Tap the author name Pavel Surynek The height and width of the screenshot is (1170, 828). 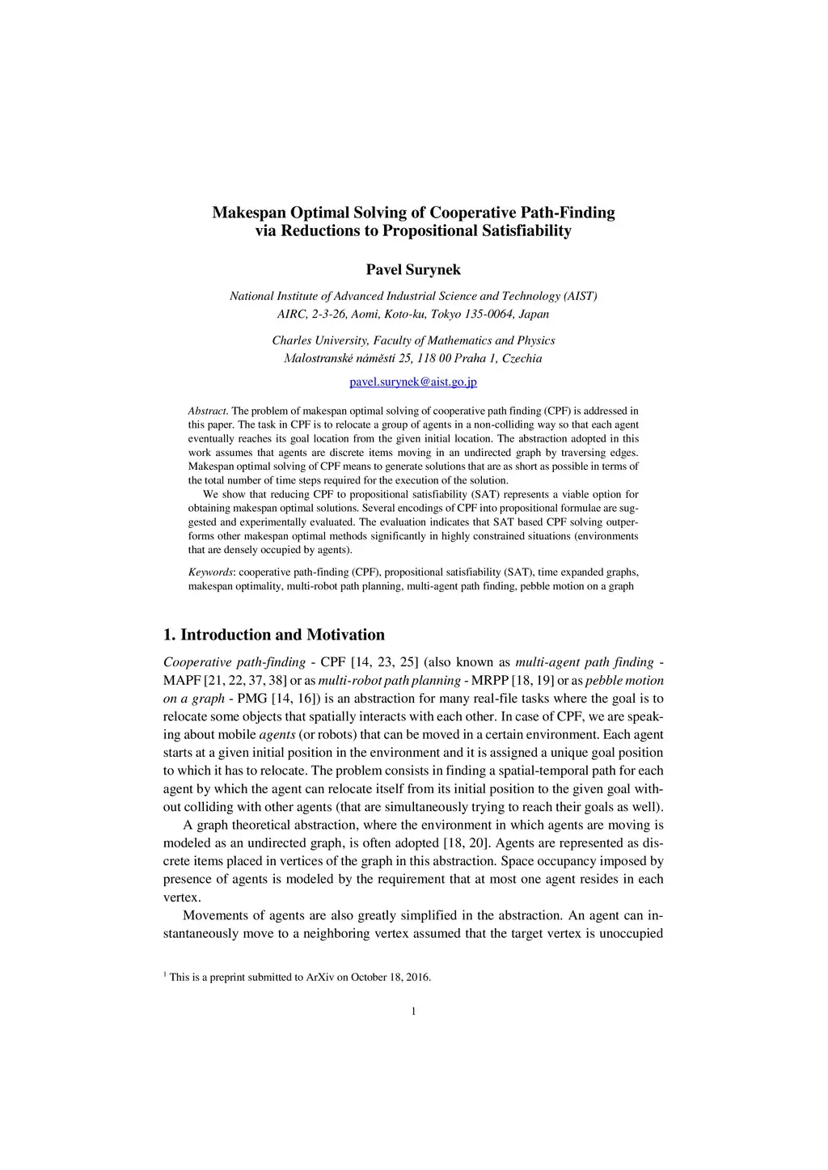413,269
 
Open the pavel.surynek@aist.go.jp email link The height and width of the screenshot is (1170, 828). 413,382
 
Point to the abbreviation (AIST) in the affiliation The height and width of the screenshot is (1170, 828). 581,296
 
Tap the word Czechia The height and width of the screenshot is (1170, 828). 522,358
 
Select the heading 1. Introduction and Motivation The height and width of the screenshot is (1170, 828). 274,635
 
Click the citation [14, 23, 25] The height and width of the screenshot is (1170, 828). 385,662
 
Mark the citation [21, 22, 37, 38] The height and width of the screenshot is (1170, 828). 245,681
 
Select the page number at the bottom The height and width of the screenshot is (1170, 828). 413,1011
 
